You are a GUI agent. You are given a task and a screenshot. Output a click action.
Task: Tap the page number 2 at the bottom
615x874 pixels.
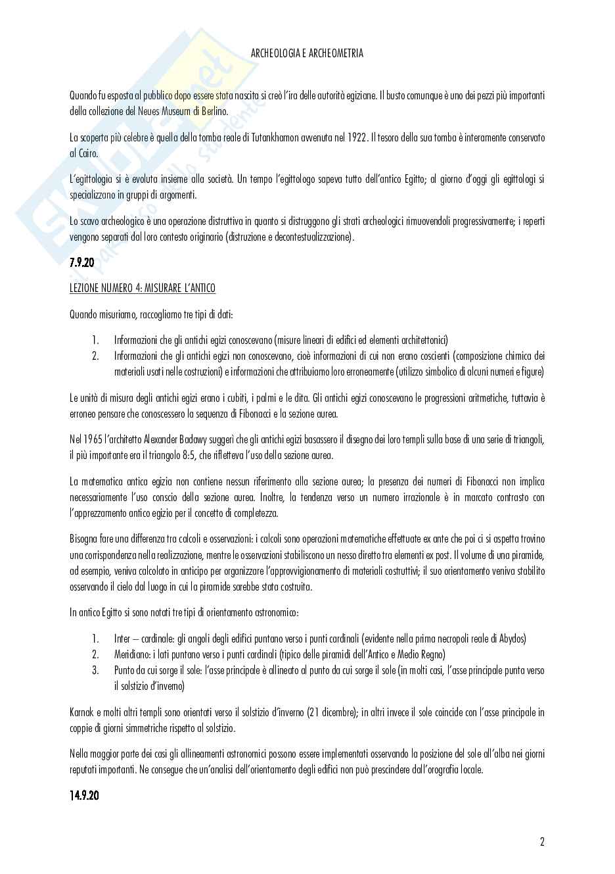click(x=542, y=842)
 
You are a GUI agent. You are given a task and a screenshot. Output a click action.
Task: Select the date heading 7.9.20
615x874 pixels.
click(x=81, y=263)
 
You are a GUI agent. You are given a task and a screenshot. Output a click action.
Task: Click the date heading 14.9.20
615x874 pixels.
click(x=84, y=796)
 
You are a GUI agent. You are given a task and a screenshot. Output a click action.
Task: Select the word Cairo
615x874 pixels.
click(x=87, y=153)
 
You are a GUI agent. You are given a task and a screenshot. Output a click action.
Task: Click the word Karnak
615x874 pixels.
click(x=82, y=712)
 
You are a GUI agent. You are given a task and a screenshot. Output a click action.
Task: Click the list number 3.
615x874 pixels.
click(x=95, y=670)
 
